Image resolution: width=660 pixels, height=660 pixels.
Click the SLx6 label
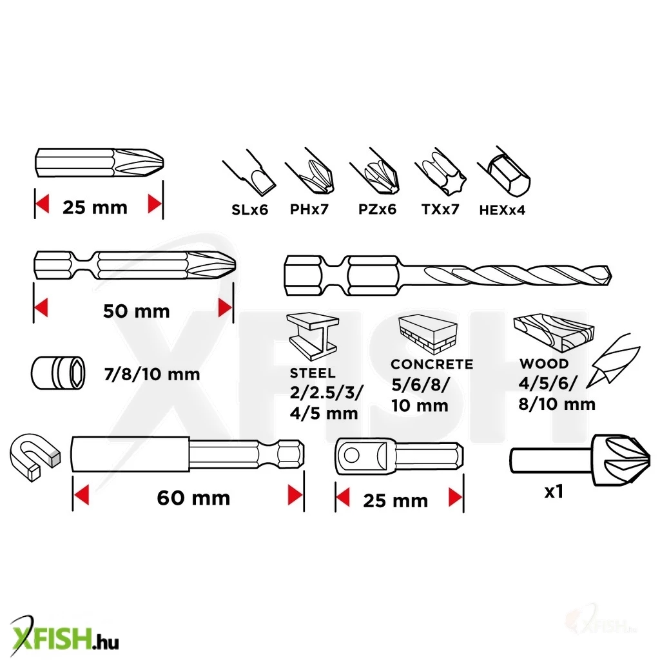[249, 209]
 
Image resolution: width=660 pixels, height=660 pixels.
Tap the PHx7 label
[309, 209]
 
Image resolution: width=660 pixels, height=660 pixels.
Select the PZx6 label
[377, 209]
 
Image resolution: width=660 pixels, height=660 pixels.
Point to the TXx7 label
[440, 209]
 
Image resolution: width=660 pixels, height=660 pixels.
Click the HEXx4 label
[502, 209]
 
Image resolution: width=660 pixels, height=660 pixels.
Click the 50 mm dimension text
[137, 311]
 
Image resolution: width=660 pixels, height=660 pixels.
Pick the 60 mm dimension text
[193, 498]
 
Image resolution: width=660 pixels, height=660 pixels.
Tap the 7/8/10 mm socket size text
[152, 374]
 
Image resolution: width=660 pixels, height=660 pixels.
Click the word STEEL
[313, 373]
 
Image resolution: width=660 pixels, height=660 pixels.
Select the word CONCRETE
[432, 364]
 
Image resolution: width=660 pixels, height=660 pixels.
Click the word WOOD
[544, 364]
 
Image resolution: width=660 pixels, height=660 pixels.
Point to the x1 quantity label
[554, 492]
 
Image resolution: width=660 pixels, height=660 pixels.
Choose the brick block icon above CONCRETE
[428, 335]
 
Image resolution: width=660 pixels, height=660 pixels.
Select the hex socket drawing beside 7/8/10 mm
[58, 373]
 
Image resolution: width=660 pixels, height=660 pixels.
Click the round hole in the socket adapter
[351, 456]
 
